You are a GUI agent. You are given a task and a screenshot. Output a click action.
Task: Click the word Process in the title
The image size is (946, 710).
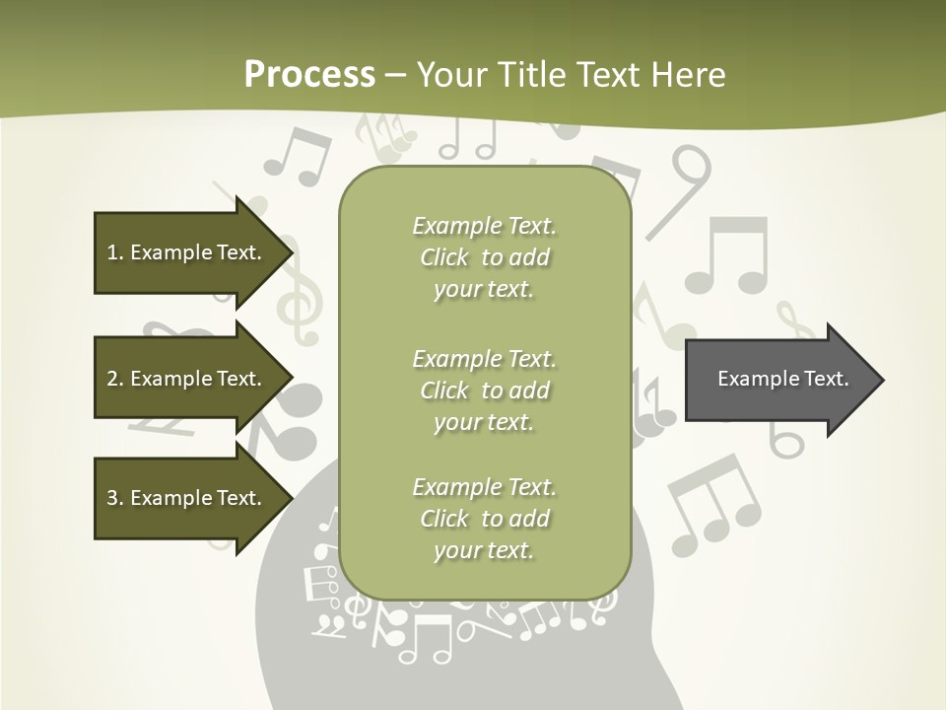(x=309, y=75)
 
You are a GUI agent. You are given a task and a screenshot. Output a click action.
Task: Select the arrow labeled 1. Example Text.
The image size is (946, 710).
(x=187, y=252)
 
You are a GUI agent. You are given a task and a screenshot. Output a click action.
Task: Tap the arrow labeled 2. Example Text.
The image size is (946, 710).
(x=187, y=379)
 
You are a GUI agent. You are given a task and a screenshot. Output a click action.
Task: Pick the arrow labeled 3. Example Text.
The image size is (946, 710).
(x=187, y=498)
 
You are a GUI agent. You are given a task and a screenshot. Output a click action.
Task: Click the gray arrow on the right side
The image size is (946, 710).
(x=778, y=380)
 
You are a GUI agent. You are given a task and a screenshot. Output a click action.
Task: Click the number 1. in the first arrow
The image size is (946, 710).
(x=114, y=252)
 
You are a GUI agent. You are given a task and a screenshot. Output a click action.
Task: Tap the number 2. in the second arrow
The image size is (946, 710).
(x=114, y=379)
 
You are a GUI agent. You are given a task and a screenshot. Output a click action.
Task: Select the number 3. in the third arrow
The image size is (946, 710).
(x=114, y=498)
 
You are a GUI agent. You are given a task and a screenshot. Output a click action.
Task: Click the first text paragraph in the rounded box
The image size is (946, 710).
(x=484, y=257)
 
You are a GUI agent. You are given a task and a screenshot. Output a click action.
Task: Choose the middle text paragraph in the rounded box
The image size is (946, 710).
(x=484, y=390)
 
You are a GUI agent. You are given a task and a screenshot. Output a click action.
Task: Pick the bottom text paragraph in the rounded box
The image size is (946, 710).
(x=484, y=519)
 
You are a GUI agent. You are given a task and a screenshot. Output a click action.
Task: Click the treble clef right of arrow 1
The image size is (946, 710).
(x=297, y=296)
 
